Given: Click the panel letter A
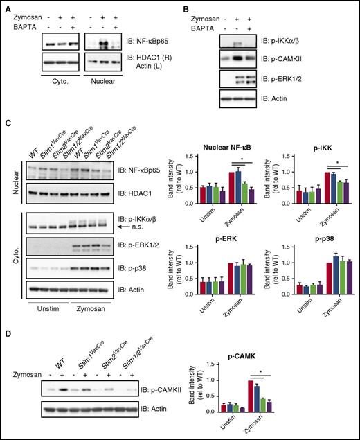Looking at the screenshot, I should coord(6,6).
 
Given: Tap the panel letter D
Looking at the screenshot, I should coord(6,343).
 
